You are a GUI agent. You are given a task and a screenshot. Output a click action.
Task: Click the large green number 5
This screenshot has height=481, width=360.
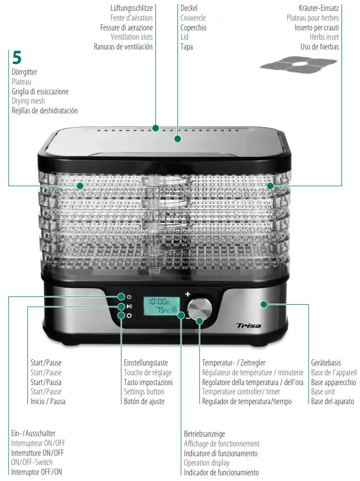pos(17,58)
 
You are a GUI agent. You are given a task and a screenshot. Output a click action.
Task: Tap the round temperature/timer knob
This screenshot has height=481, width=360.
pos(200,309)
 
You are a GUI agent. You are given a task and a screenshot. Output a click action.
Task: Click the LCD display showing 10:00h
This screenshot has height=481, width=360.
pos(161,305)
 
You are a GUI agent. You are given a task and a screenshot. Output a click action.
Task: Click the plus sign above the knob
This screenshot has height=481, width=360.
pos(188,294)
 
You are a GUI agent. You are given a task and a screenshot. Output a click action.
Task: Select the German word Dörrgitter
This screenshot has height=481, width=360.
pos(24,72)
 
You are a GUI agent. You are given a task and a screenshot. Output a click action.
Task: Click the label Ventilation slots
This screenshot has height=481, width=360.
pos(132,37)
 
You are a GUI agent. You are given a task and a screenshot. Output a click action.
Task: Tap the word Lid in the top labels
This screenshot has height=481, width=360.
pos(184,37)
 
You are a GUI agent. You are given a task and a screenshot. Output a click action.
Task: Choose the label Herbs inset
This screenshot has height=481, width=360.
pos(324,37)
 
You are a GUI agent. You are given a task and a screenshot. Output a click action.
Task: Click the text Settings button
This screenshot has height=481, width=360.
pos(144,392)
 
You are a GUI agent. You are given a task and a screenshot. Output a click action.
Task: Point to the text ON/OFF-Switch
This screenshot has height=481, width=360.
pos(32,462)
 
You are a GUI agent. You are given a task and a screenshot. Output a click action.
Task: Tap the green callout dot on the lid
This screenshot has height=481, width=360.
pos(177,139)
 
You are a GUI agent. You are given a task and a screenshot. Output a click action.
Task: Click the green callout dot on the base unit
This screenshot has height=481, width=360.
pos(264,304)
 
